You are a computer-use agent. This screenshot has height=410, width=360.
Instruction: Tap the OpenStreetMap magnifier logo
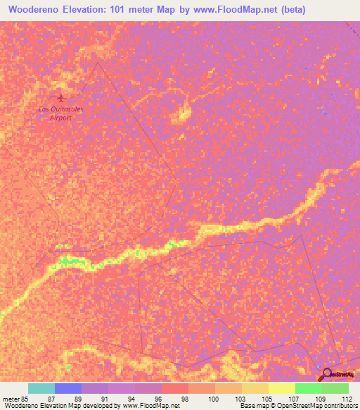pyautogui.click(x=328, y=375)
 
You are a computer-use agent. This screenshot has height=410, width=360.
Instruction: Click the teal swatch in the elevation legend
pyautogui.click(x=41, y=388)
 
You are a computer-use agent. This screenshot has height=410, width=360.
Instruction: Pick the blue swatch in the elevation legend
pyautogui.click(x=68, y=388)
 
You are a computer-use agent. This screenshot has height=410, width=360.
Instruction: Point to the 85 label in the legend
pyautogui.click(x=26, y=398)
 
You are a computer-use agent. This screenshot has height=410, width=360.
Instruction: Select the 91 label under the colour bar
pyautogui.click(x=104, y=398)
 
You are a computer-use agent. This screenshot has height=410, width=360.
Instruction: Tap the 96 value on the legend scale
pyautogui.click(x=157, y=398)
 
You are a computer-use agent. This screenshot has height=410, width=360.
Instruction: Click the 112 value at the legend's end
pyautogui.click(x=345, y=398)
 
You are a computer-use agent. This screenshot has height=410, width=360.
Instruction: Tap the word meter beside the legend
pyautogui.click(x=11, y=398)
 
